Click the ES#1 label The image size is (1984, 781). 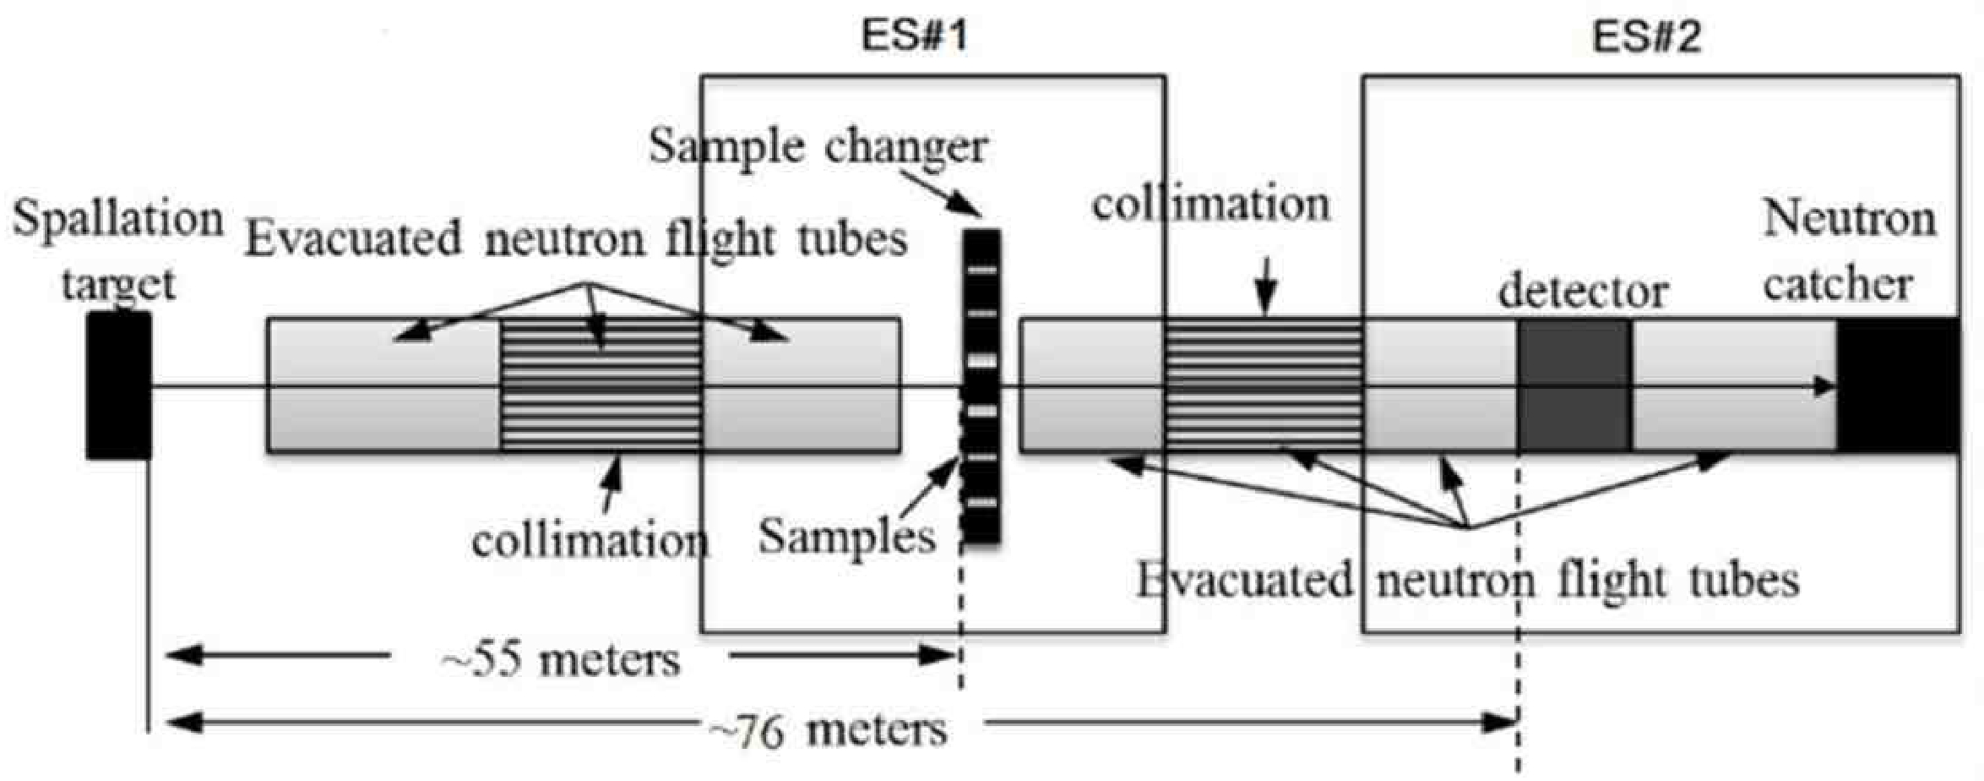coord(913,36)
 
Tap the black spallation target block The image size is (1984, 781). coord(119,385)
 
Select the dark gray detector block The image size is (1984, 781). coord(1574,385)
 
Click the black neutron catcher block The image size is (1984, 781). coord(1898,385)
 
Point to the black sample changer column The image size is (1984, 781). coord(981,385)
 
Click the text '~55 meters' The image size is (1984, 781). coord(561,659)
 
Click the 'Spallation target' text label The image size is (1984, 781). coord(118,250)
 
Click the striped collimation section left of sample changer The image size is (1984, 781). coord(601,385)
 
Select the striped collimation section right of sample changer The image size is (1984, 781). coord(1263,385)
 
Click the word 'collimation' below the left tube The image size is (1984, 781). coord(590,540)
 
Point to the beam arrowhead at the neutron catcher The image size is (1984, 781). coord(1824,387)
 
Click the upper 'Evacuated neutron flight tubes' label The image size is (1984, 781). coord(576,239)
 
